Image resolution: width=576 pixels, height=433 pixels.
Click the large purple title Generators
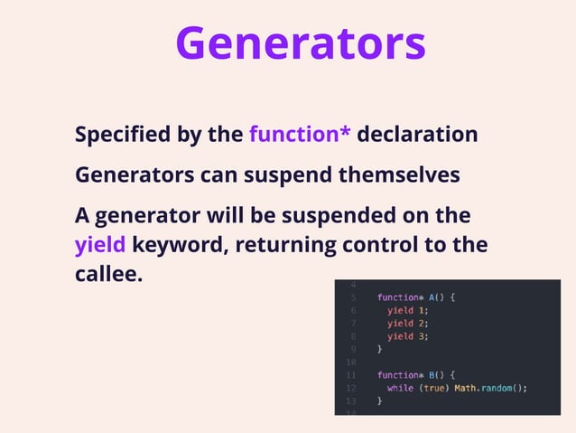click(x=300, y=42)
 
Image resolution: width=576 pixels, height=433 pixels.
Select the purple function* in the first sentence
click(x=300, y=135)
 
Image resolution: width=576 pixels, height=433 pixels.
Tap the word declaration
click(x=417, y=135)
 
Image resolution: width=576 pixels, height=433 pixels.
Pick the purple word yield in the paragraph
click(x=99, y=244)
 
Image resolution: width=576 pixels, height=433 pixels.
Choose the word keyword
click(x=177, y=244)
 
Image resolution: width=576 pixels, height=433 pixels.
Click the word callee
click(x=108, y=273)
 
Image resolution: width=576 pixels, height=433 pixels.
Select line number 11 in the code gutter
click(x=352, y=374)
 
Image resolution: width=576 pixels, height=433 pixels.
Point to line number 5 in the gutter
click(x=354, y=297)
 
